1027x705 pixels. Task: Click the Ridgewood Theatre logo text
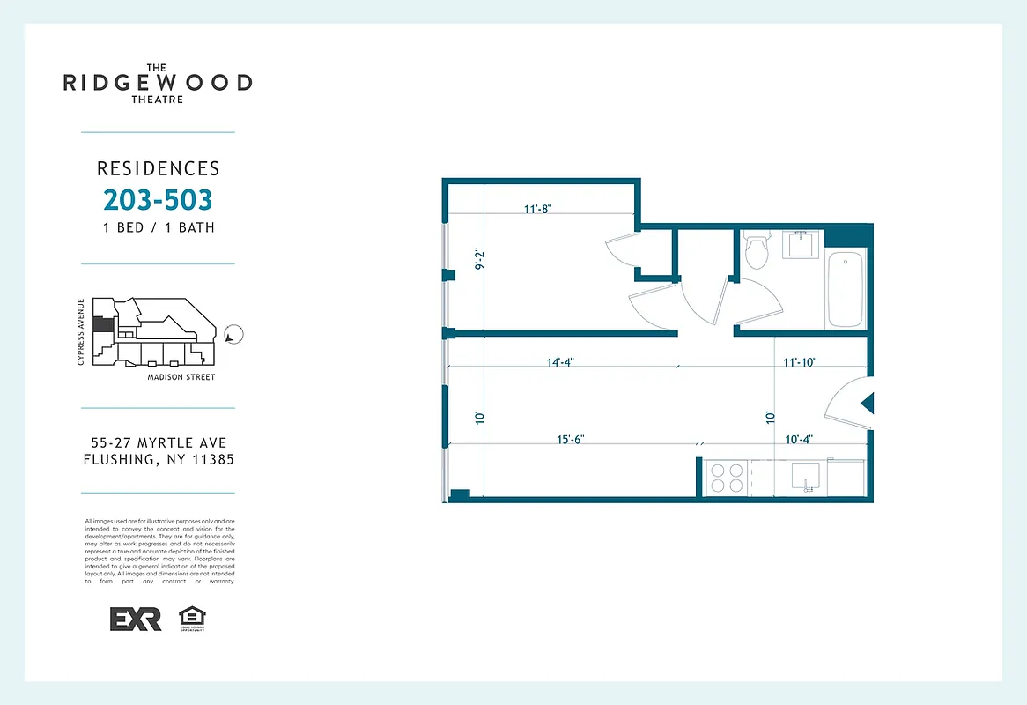click(158, 83)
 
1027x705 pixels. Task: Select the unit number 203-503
click(158, 200)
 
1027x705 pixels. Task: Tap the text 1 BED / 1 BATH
click(158, 227)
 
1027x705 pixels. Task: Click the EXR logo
click(136, 619)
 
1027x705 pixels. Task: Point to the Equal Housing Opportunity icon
click(191, 619)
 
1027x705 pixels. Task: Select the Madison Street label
click(181, 377)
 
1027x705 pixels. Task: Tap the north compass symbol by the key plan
click(233, 335)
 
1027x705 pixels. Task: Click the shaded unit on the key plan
click(104, 324)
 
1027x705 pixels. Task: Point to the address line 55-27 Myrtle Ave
click(158, 442)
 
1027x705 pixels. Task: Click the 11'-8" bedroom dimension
click(537, 210)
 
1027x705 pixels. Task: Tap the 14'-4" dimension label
click(561, 362)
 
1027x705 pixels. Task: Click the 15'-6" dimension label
click(571, 439)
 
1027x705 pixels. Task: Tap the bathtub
click(846, 290)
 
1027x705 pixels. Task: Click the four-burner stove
click(728, 478)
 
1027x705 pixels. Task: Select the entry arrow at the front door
click(867, 404)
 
